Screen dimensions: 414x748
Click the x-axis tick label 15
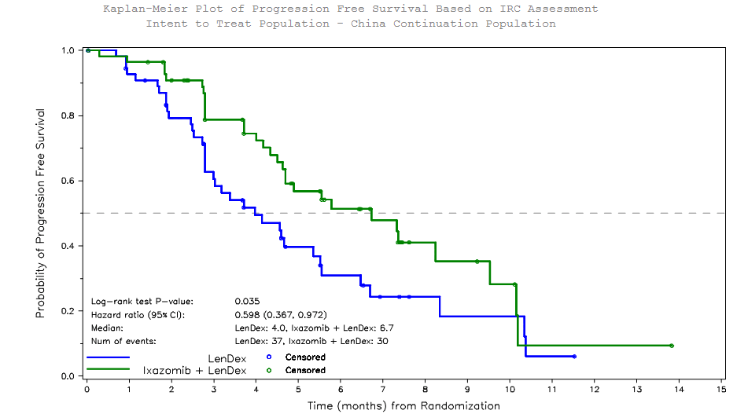tap(721, 389)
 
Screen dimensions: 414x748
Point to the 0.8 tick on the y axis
tap(68, 115)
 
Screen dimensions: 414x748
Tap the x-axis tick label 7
tap(383, 389)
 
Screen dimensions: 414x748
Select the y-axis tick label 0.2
tap(68, 311)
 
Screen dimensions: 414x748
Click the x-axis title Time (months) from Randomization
tap(403, 406)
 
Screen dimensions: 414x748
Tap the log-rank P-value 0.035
tap(247, 301)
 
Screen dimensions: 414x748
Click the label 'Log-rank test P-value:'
tap(142, 301)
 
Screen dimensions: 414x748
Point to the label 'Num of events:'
tap(123, 341)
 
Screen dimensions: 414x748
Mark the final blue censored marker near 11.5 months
tap(574, 357)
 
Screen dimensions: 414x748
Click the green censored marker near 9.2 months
tap(477, 262)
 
